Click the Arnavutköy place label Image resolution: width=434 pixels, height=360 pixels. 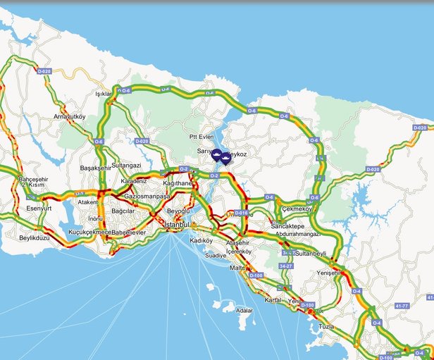(69, 116)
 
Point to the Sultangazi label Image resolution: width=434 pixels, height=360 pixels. (127, 165)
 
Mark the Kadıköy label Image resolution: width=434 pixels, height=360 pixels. (201, 240)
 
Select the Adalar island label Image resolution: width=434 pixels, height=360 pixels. (244, 310)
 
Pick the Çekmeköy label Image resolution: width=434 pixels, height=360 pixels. (297, 209)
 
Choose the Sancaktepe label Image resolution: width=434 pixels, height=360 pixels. (286, 227)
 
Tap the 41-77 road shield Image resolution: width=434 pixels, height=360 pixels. (401, 306)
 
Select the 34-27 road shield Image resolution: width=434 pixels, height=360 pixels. (285, 266)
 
